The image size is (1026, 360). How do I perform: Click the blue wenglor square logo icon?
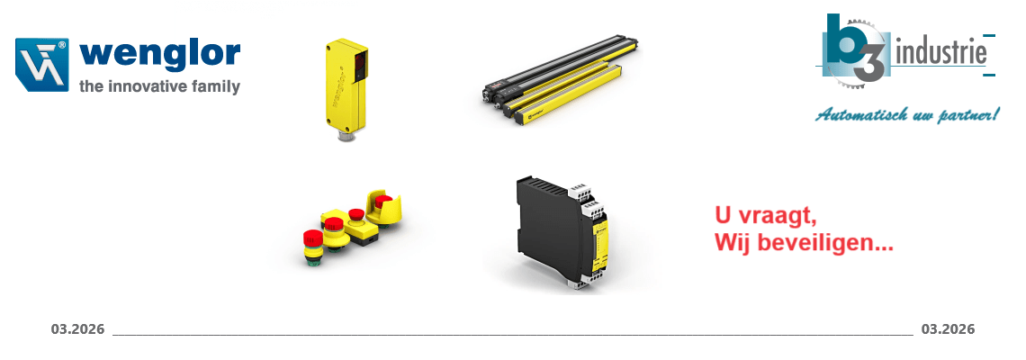coord(42,64)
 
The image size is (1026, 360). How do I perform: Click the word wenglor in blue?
coord(159,56)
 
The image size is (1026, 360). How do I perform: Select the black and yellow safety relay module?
coord(563,234)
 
